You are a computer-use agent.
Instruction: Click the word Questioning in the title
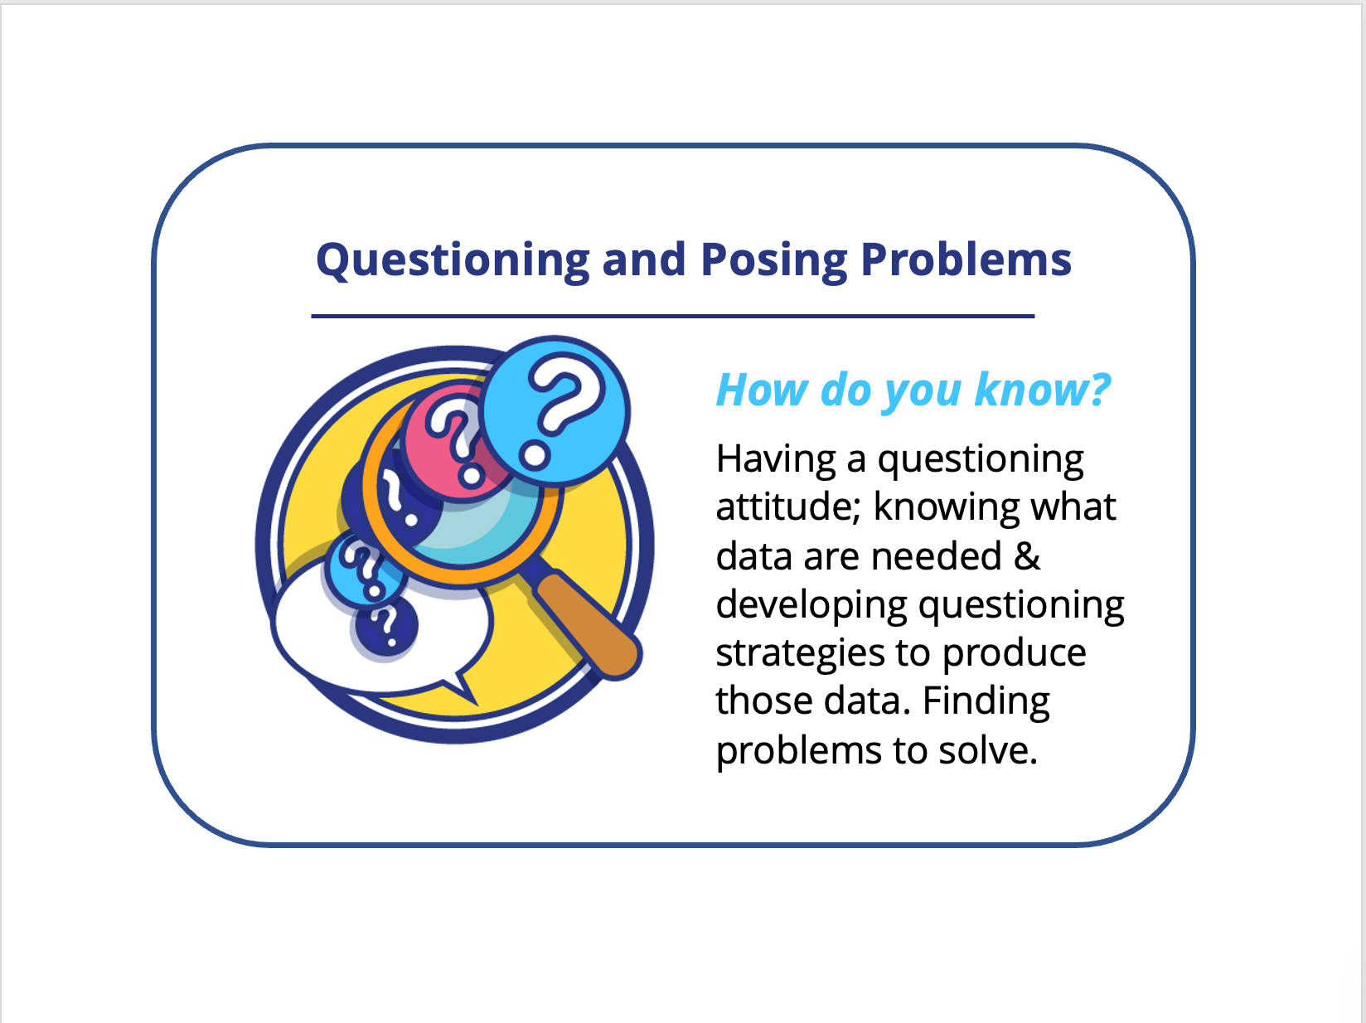click(453, 261)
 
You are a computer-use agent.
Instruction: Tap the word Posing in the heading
click(774, 261)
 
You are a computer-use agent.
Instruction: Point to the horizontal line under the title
click(673, 316)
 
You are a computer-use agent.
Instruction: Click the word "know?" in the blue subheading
click(1043, 390)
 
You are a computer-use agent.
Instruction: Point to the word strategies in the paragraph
click(801, 654)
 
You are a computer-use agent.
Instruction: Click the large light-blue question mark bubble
click(555, 410)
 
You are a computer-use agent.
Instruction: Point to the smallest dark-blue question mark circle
click(385, 625)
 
